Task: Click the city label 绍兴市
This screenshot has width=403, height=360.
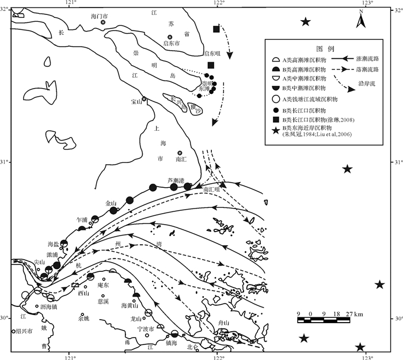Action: pyautogui.click(x=23, y=331)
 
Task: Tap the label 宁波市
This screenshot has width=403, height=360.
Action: pyautogui.click(x=146, y=328)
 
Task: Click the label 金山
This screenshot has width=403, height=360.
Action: pyautogui.click(x=111, y=203)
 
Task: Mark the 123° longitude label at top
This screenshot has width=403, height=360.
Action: pyautogui.click(x=366, y=5)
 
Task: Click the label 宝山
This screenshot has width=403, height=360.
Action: pyautogui.click(x=136, y=102)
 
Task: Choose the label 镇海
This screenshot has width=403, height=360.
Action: pyautogui.click(x=171, y=342)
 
